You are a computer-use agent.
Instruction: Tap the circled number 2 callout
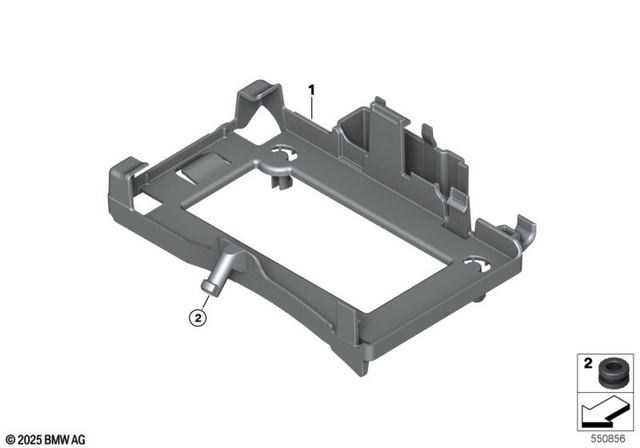click(199, 319)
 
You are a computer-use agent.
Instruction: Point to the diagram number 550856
click(608, 437)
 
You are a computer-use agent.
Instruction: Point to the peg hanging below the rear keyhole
click(282, 182)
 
